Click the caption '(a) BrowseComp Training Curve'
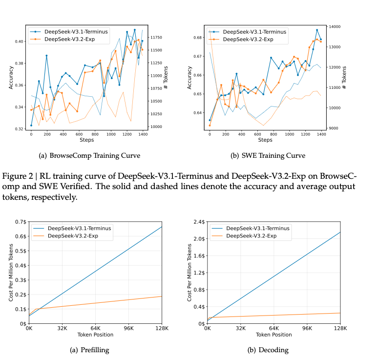coord(89,156)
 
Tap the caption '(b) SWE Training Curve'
coord(267,156)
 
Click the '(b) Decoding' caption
coord(268,350)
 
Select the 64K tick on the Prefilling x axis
coord(95,328)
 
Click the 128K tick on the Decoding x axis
coord(340,328)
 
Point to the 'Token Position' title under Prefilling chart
coord(95,335)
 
